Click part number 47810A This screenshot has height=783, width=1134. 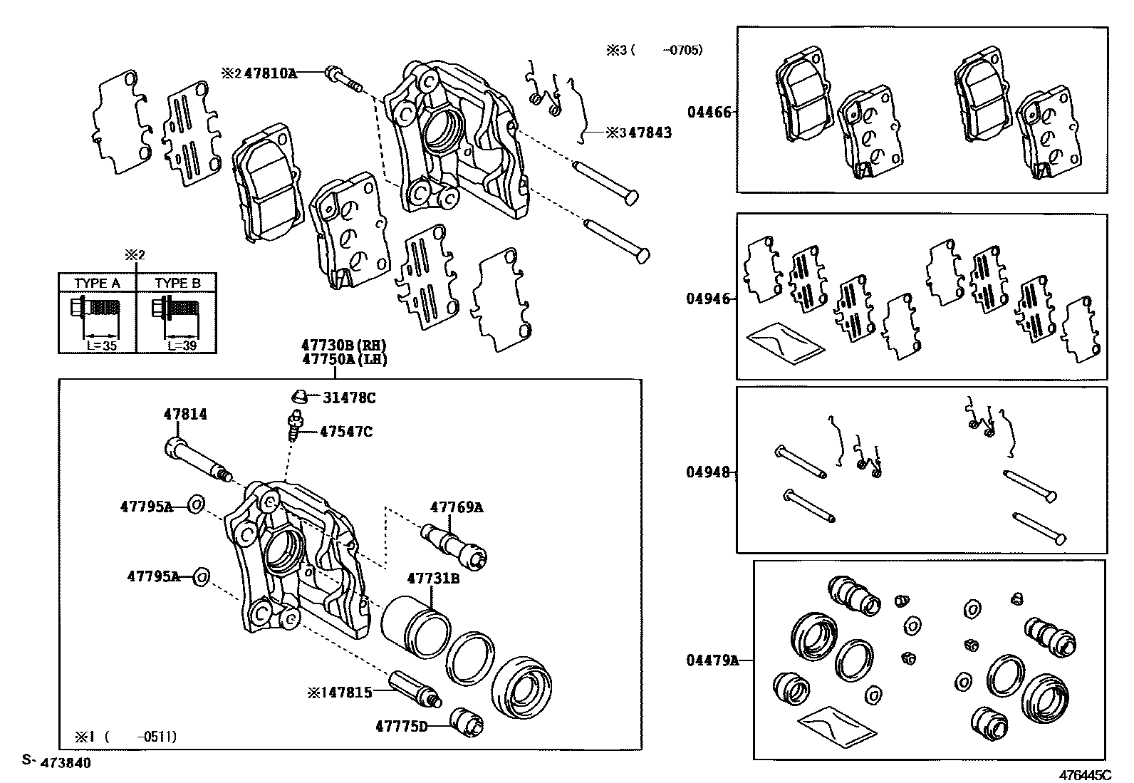pos(270,73)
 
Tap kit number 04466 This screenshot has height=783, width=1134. pos(708,112)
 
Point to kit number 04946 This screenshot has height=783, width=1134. pos(708,299)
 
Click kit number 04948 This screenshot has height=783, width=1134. pos(708,472)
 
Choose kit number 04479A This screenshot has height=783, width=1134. pos(712,660)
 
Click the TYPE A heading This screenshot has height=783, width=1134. pos(97,283)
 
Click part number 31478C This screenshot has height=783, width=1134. pos(349,398)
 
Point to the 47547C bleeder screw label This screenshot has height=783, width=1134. pos(345,432)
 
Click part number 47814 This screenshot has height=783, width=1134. pos(185,413)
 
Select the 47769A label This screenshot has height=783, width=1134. pos(456,507)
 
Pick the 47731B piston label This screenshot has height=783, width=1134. pos(433,579)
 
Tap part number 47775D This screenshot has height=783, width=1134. pos(402,726)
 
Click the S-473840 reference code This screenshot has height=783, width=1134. pos(56,762)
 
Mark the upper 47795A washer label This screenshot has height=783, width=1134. pos(146,507)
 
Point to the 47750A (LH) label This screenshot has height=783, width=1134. pos(344,360)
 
